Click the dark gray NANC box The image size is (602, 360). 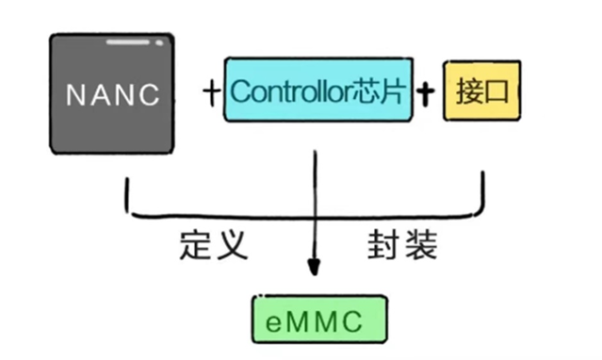click(x=112, y=94)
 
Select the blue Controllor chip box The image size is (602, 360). click(x=317, y=91)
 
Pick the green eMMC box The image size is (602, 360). click(x=318, y=319)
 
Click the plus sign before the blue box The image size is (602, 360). click(x=211, y=92)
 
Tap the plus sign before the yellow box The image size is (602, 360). click(x=428, y=92)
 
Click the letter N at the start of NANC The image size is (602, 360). click(x=74, y=95)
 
